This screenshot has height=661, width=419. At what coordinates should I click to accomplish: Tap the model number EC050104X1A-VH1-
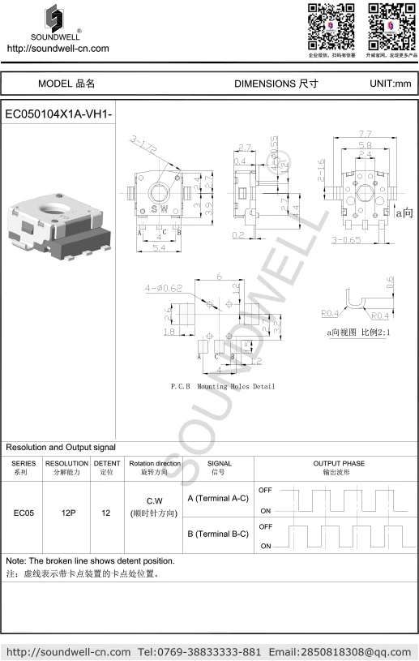click(x=58, y=114)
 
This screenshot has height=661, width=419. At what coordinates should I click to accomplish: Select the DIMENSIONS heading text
click(x=276, y=84)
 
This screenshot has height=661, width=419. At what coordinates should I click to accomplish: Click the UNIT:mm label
click(x=391, y=84)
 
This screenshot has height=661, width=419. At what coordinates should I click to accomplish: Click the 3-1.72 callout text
click(x=143, y=145)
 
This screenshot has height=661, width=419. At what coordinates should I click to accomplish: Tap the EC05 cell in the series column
click(x=24, y=513)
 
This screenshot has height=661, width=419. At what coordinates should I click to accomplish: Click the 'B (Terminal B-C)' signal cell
click(x=217, y=534)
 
